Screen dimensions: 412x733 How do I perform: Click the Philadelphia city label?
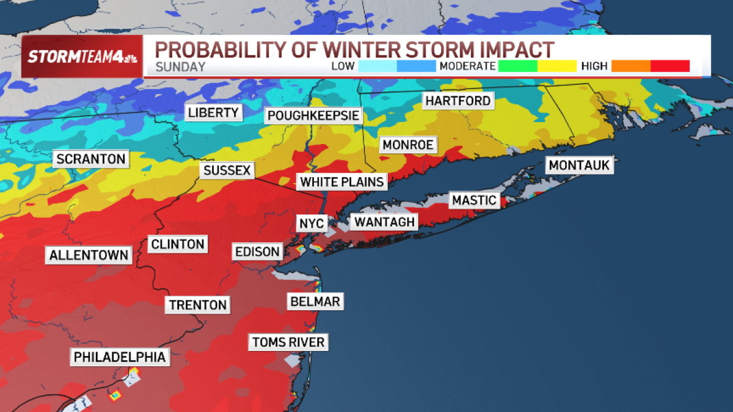(x=120, y=356)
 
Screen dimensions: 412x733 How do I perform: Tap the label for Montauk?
(x=579, y=165)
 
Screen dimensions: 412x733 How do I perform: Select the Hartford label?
(x=458, y=101)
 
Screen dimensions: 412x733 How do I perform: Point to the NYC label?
(x=311, y=223)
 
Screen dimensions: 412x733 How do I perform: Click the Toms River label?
(x=288, y=342)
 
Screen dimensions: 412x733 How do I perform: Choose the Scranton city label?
(x=90, y=159)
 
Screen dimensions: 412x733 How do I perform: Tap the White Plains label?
(x=342, y=181)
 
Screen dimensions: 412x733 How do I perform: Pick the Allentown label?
(x=89, y=255)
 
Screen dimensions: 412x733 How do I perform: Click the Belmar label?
(x=315, y=301)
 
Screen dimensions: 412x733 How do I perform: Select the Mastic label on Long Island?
(x=474, y=200)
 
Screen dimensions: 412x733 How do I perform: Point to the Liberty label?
(x=213, y=112)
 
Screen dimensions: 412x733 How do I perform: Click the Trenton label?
(x=198, y=305)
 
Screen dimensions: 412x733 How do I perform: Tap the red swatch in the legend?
(x=670, y=66)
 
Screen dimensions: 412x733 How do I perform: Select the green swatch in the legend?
(x=517, y=66)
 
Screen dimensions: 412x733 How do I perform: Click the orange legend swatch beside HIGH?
(x=631, y=66)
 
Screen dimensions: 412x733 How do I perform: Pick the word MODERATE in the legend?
(x=466, y=66)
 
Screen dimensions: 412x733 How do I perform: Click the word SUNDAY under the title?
(x=180, y=67)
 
